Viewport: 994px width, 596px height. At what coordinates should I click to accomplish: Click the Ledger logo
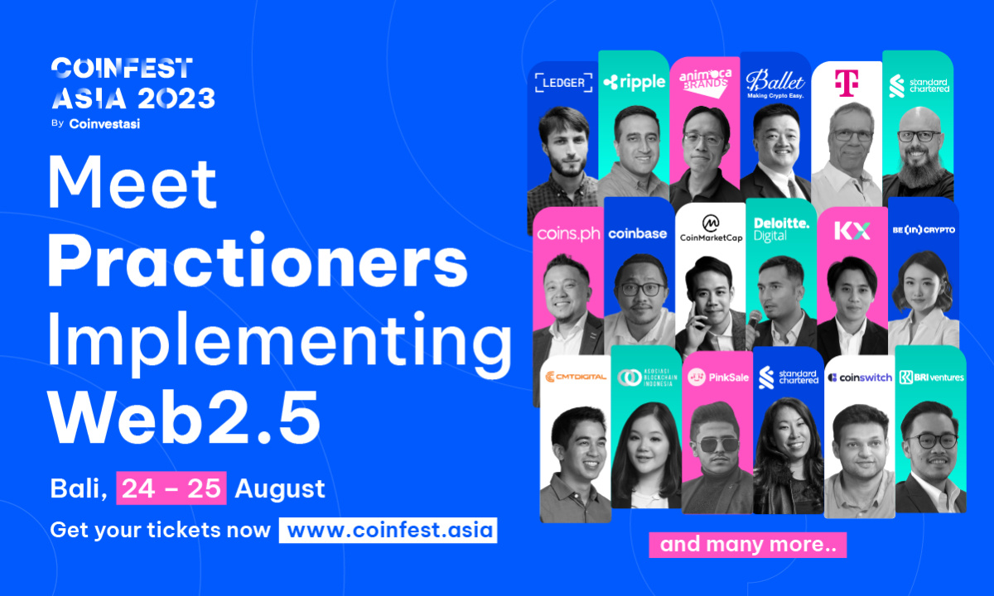[x=563, y=82]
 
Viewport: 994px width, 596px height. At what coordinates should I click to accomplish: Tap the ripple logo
[x=634, y=81]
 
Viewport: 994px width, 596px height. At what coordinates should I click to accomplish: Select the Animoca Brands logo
[x=704, y=79]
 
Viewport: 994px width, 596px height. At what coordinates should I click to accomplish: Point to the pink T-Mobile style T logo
[x=846, y=82]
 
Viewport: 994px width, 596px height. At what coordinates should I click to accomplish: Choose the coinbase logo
[x=638, y=233]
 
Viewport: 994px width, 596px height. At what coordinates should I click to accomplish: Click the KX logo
[x=852, y=231]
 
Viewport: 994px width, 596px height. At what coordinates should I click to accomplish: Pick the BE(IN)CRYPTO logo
[x=923, y=229]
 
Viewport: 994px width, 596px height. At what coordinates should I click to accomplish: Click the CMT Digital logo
[x=575, y=377]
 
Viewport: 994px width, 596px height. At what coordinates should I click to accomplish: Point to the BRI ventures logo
[x=930, y=377]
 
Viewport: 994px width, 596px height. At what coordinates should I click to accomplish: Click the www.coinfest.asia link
[x=388, y=530]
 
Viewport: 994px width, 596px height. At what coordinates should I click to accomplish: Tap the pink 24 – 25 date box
[x=171, y=488]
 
